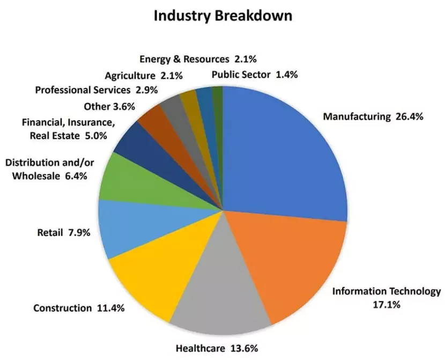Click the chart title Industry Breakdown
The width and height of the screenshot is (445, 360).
(x=223, y=16)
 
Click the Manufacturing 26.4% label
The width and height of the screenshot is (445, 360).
(x=373, y=116)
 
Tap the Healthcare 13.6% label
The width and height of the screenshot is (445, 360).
(x=217, y=348)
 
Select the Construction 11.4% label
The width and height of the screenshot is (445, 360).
(x=79, y=308)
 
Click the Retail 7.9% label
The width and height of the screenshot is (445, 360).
(x=63, y=233)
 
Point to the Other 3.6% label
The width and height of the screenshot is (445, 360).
(x=109, y=106)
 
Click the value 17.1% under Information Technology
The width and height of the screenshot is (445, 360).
(x=386, y=304)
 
